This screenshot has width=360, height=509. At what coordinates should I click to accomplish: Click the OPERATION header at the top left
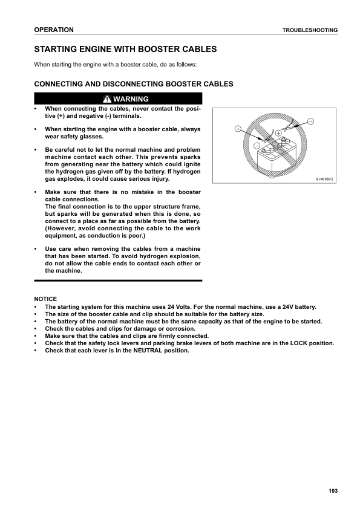[x=54, y=30]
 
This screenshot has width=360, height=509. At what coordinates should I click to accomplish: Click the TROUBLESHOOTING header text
[x=310, y=30]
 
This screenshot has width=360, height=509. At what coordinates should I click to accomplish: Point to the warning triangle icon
[x=107, y=99]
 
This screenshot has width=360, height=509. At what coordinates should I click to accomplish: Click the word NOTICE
[x=45, y=299]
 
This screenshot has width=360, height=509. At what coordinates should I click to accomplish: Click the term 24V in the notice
[x=264, y=306]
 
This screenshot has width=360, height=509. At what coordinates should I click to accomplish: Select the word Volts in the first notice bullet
[x=177, y=306]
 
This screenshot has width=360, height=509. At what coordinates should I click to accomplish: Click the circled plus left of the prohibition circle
[x=238, y=129]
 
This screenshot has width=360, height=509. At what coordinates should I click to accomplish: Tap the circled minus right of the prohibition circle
[x=311, y=122]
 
